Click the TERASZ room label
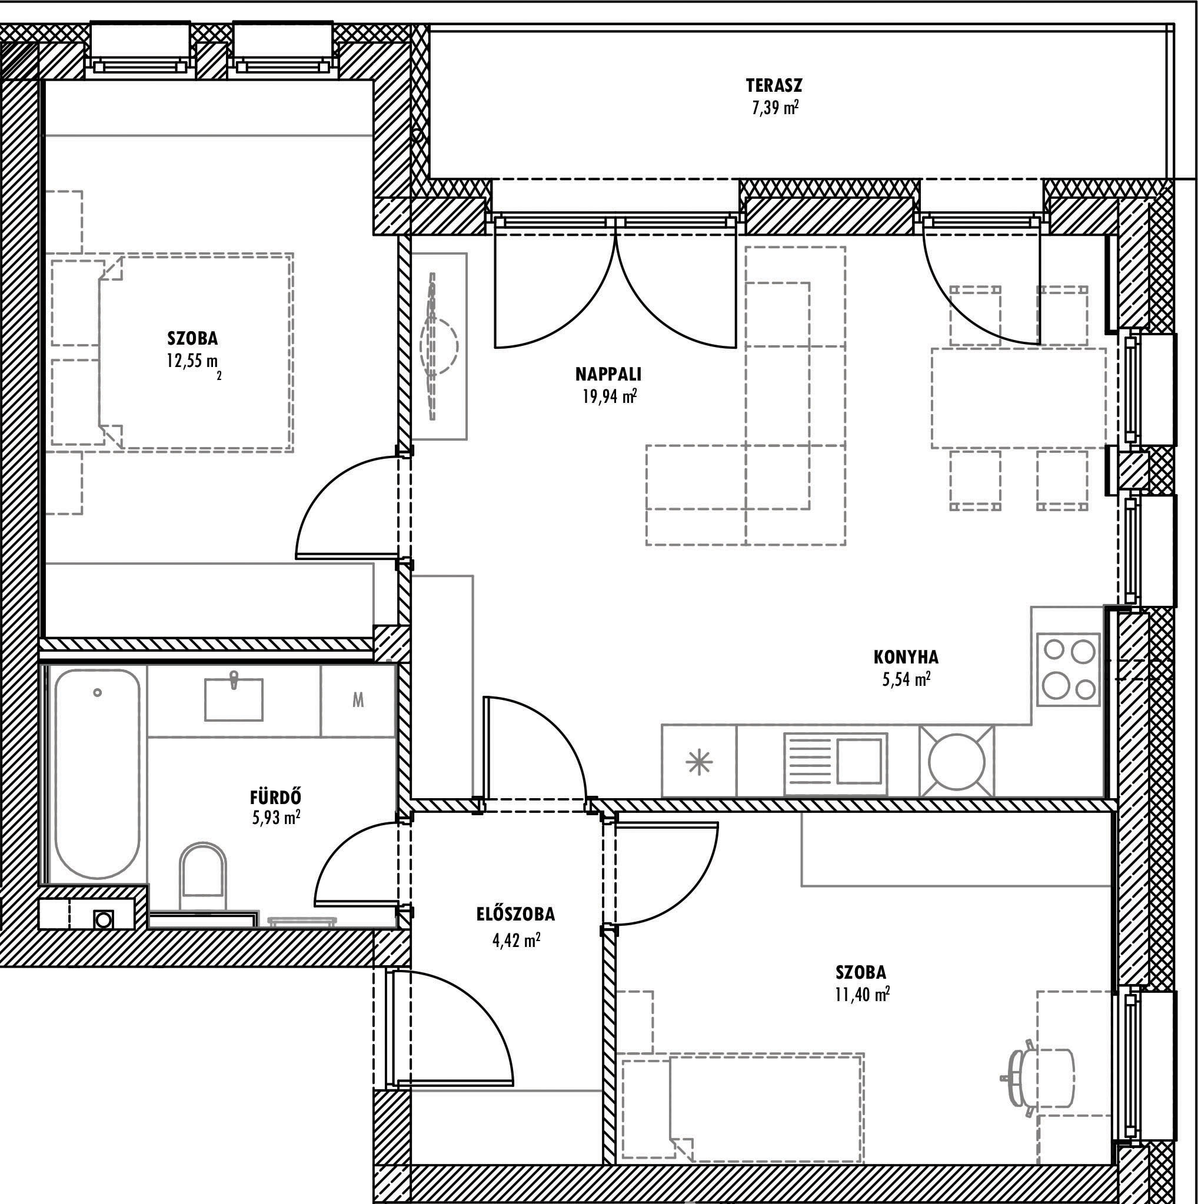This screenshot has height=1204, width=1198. tap(774, 85)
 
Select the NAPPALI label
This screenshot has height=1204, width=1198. tap(608, 375)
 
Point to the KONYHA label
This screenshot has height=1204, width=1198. tap(906, 658)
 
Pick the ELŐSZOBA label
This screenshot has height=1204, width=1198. tap(515, 914)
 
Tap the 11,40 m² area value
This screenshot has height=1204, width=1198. tap(862, 994)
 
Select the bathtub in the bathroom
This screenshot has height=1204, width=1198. tap(97, 775)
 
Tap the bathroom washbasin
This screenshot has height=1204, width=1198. tap(234, 699)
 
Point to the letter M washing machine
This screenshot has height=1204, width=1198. tap(358, 701)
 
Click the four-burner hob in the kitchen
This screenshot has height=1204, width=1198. tap(1069, 669)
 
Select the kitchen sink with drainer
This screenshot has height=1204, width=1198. tap(835, 761)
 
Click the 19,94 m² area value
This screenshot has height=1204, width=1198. tap(609, 396)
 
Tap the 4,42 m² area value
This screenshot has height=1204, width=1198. tap(516, 940)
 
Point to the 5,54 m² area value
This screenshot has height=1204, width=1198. tap(906, 679)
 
